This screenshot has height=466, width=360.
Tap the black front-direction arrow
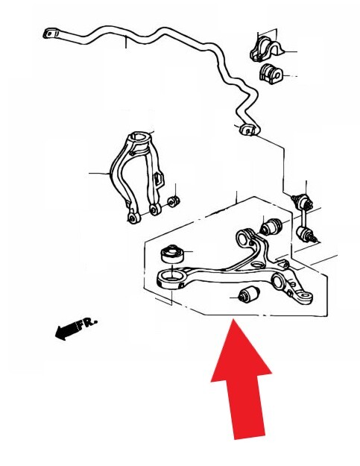[x=67, y=330]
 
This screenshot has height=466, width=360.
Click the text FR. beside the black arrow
[x=88, y=324]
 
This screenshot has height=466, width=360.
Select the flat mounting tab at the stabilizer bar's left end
[x=51, y=33]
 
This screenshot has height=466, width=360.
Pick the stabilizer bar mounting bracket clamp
[x=266, y=49]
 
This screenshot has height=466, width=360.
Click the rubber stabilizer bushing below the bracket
[x=271, y=73]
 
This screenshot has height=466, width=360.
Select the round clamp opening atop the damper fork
[x=139, y=138]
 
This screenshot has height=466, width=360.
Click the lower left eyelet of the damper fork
[x=133, y=218]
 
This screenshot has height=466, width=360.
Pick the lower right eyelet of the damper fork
[x=155, y=210]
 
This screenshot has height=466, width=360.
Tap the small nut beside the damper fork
[x=174, y=201]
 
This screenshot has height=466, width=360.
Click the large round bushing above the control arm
[x=172, y=254]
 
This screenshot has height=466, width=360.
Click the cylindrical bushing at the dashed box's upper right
[x=271, y=227]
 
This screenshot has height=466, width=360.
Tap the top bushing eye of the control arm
[x=245, y=237]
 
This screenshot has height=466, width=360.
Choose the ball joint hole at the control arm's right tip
[x=305, y=297]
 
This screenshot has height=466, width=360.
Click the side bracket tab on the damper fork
[x=158, y=178]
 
